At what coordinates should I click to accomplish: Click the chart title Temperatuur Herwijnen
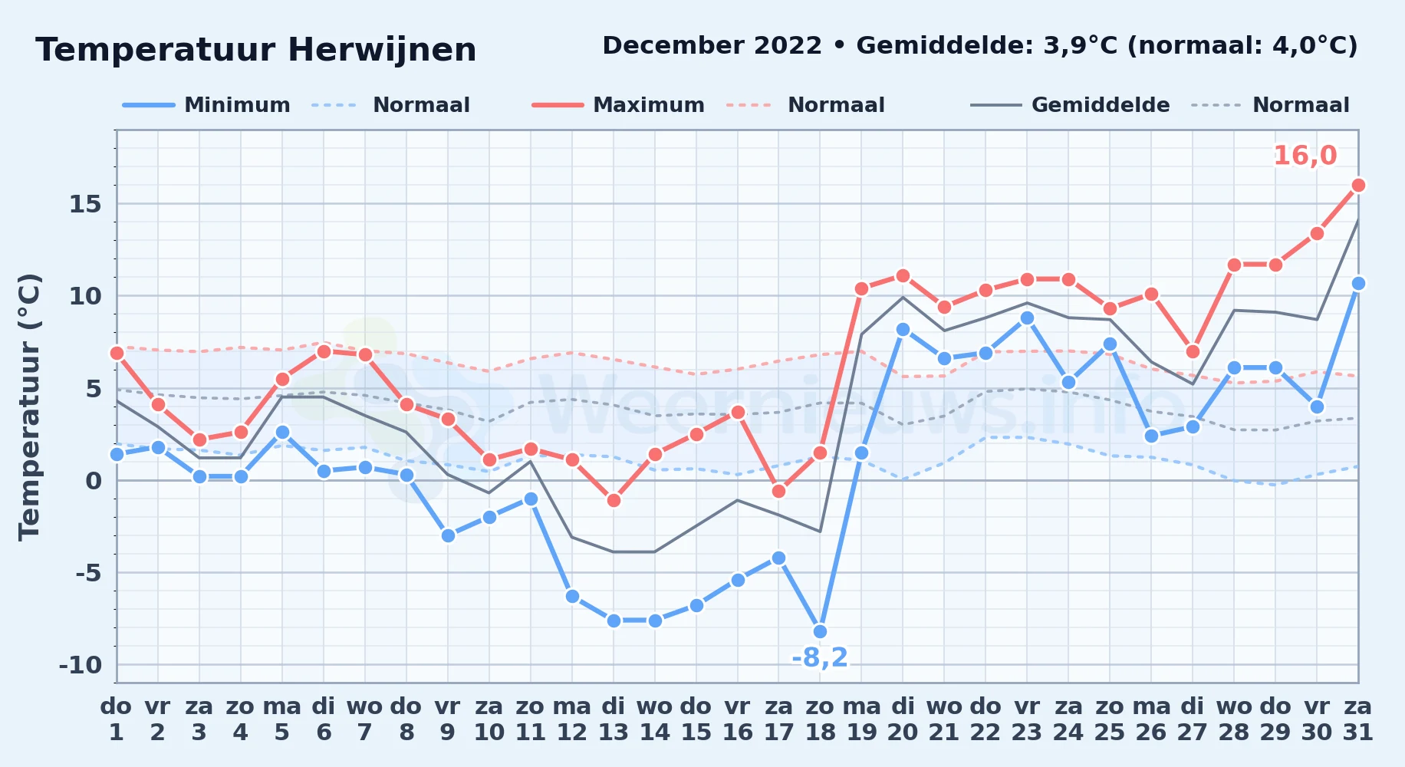[256, 50]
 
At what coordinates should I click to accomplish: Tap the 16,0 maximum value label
[1305, 156]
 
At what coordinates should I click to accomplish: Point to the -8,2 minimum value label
[820, 657]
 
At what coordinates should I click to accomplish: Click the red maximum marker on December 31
[1358, 185]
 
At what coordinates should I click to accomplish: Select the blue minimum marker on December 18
[820, 631]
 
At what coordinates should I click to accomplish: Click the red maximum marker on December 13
[614, 500]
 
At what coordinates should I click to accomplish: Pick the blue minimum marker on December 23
[1027, 318]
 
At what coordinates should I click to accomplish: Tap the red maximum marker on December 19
[861, 288]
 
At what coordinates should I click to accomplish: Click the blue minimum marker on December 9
[448, 535]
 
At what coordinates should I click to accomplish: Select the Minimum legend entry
[206, 105]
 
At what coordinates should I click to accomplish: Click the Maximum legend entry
[618, 105]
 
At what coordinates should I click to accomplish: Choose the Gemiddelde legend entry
[1070, 105]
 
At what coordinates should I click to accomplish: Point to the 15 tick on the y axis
[85, 204]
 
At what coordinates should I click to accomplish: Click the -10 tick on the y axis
[81, 665]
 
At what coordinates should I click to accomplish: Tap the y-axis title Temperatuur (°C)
[29, 407]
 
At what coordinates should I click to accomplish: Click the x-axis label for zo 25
[1110, 719]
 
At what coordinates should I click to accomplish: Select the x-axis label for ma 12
[572, 719]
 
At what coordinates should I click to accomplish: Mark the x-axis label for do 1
[117, 719]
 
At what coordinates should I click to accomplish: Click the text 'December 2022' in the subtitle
[712, 46]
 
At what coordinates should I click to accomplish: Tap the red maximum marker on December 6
[324, 351]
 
